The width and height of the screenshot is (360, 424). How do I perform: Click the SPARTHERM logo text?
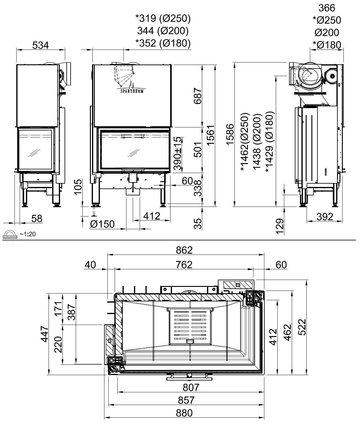132,91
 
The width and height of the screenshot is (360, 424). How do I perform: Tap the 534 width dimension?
41,45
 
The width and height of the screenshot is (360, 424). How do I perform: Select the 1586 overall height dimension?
230,135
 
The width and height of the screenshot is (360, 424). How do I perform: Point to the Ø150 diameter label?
102,224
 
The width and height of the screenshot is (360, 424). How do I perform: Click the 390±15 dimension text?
178,153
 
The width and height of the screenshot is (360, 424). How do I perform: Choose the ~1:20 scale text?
27,234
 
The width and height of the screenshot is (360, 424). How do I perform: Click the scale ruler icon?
10,235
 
